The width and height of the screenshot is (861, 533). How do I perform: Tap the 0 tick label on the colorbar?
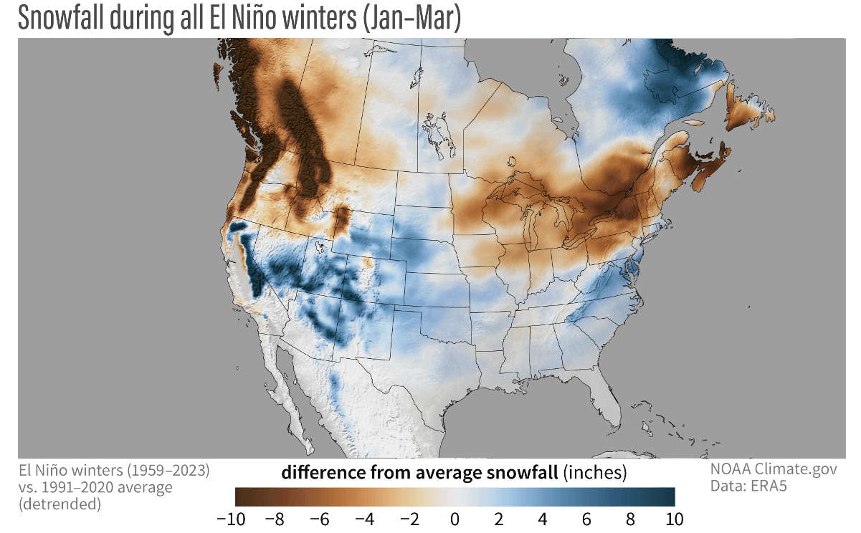[x=455, y=518]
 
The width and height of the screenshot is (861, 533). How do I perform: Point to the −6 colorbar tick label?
[x=320, y=518]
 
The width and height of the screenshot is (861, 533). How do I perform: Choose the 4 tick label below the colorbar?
[x=543, y=518]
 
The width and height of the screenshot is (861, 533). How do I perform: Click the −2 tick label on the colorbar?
[x=407, y=518]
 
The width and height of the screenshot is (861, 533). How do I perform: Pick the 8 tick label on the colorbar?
[x=630, y=518]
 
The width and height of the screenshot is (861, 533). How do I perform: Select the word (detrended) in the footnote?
[x=60, y=504]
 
